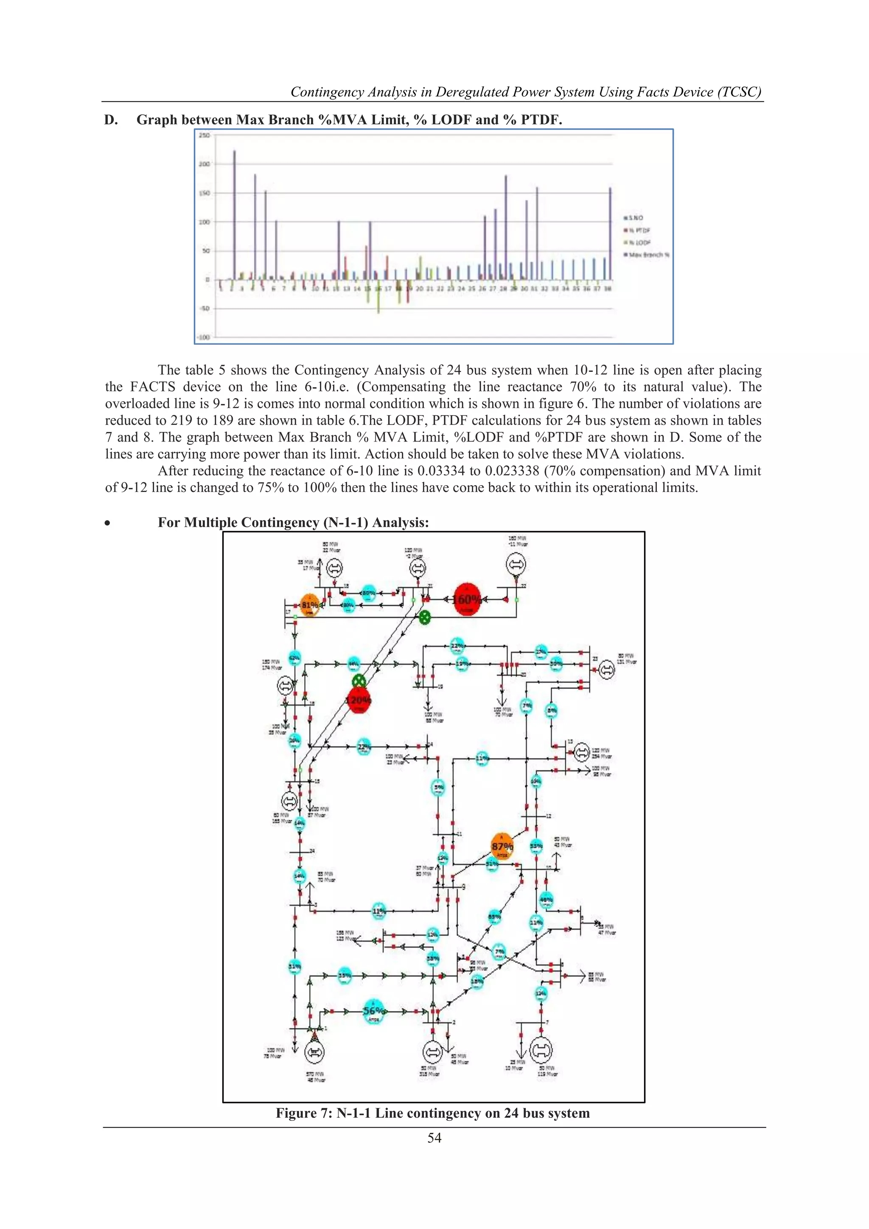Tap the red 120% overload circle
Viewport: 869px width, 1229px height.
[359, 700]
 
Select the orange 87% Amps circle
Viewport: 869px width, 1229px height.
[502, 846]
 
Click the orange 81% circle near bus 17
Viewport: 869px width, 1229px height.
[309, 605]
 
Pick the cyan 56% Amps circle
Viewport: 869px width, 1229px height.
[373, 1011]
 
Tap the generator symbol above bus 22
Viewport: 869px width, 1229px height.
[516, 564]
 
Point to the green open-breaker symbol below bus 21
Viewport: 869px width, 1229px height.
[424, 617]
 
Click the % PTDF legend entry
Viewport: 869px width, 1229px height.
[638, 230]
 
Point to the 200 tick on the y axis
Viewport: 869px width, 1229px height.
[205, 164]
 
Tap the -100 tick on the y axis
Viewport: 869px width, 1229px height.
[203, 337]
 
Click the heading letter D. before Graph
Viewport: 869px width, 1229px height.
[111, 120]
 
